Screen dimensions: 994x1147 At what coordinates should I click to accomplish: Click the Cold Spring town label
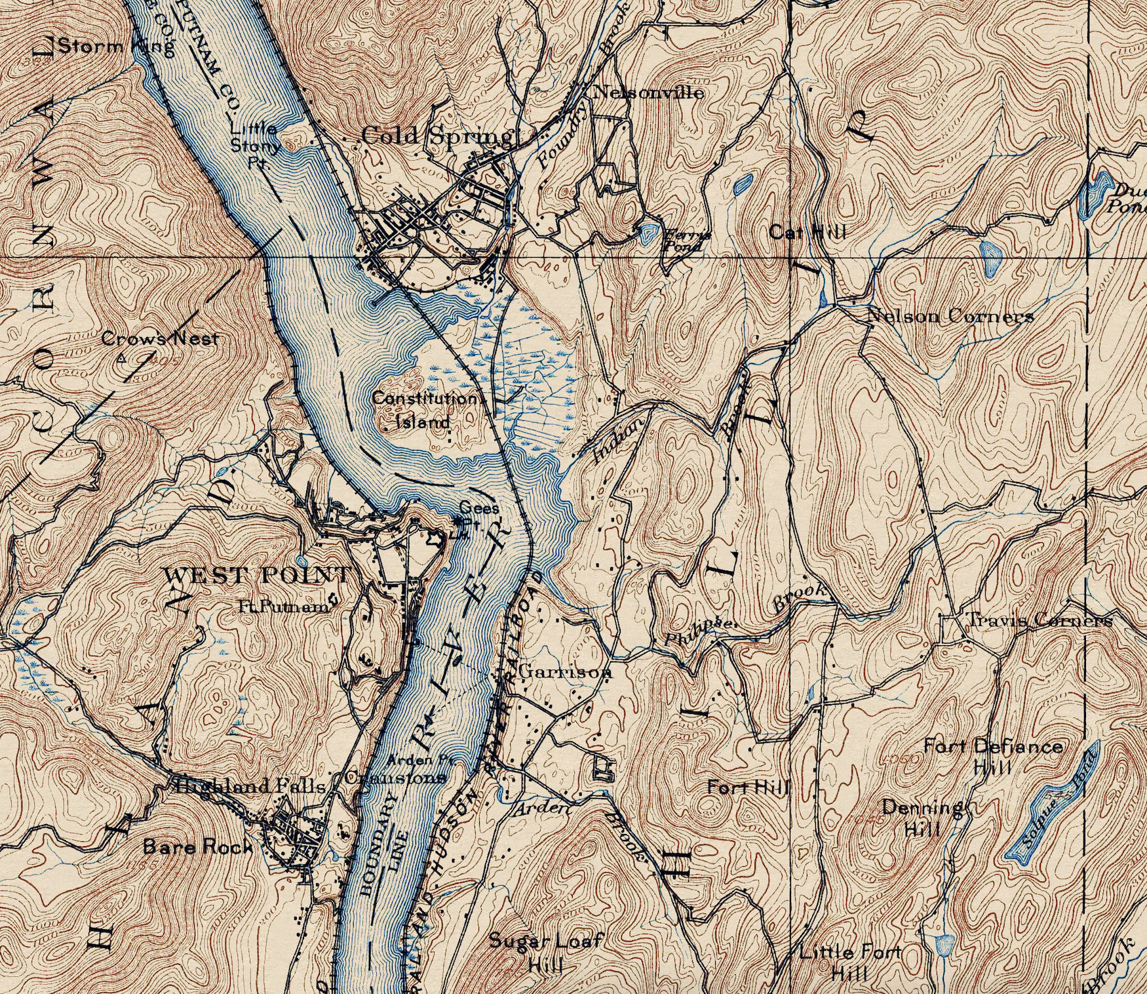pos(437,136)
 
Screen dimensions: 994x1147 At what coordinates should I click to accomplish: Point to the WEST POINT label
pos(256,576)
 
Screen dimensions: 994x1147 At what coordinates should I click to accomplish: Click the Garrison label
pos(565,672)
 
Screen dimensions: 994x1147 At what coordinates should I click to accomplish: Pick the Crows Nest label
pos(159,339)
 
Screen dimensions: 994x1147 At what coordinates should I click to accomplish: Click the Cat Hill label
pos(807,231)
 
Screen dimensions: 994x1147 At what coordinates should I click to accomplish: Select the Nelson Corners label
pos(950,316)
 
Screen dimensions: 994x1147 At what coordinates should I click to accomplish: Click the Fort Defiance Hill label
pos(993,755)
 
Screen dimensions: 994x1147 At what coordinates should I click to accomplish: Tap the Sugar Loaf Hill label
pos(545,949)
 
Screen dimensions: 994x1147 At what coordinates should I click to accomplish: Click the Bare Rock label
pos(197,846)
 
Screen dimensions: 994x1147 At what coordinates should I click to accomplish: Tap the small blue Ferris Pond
pos(649,231)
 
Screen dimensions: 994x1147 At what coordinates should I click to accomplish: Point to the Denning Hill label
pos(923,817)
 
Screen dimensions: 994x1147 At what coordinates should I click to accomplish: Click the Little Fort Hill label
pos(850,960)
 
